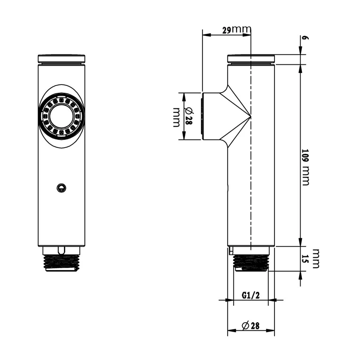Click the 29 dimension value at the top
click(227, 30)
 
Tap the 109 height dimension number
click(305, 157)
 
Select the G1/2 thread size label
click(251, 295)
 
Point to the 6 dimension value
click(305, 38)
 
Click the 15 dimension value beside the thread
click(305, 259)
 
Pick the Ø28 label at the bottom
click(251, 325)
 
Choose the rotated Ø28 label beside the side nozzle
click(189, 116)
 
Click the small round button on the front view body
click(61, 188)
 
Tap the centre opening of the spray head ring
click(62, 116)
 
